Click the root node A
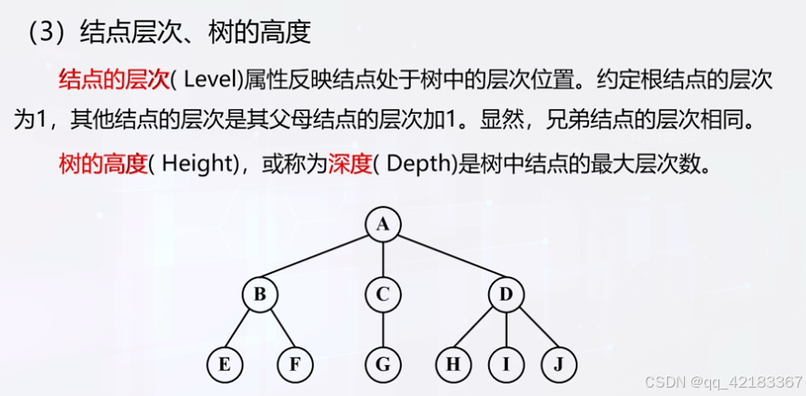(x=382, y=224)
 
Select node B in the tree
(x=260, y=294)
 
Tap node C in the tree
(x=382, y=294)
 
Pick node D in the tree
(x=506, y=294)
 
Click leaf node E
(x=225, y=364)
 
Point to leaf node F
(x=294, y=364)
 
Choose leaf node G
(x=382, y=364)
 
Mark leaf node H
(x=453, y=364)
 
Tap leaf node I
(x=506, y=364)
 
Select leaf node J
(x=559, y=364)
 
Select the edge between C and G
(x=382, y=329)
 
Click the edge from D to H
(x=479, y=329)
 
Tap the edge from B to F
(x=278, y=329)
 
